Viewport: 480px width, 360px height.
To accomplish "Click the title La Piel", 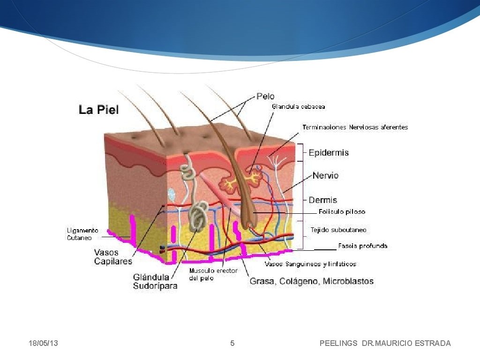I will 98,110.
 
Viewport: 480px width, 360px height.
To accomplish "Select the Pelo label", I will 265,96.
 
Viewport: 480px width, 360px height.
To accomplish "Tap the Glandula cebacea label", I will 299,106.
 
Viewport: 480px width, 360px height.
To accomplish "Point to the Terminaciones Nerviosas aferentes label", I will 355,127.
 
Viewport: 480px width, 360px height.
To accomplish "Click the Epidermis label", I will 329,153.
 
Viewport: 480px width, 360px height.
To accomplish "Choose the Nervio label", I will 325,176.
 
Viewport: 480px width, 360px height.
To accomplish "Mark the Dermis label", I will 322,200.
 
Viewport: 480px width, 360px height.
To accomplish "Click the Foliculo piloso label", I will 342,212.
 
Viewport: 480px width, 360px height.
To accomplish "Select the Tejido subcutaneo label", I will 338,230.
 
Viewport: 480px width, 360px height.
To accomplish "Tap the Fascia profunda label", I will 362,246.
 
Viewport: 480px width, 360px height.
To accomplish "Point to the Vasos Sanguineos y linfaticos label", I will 310,264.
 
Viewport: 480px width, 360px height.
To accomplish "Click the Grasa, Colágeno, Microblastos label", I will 311,281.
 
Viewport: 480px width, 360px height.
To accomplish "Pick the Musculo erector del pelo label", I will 213,274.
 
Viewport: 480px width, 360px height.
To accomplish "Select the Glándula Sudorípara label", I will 155,281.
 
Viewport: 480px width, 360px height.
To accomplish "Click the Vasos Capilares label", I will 113,257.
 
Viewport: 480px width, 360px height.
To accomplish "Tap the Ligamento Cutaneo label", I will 82,234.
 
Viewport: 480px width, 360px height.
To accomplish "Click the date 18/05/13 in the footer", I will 43,344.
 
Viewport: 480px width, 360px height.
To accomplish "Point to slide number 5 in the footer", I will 232,344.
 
